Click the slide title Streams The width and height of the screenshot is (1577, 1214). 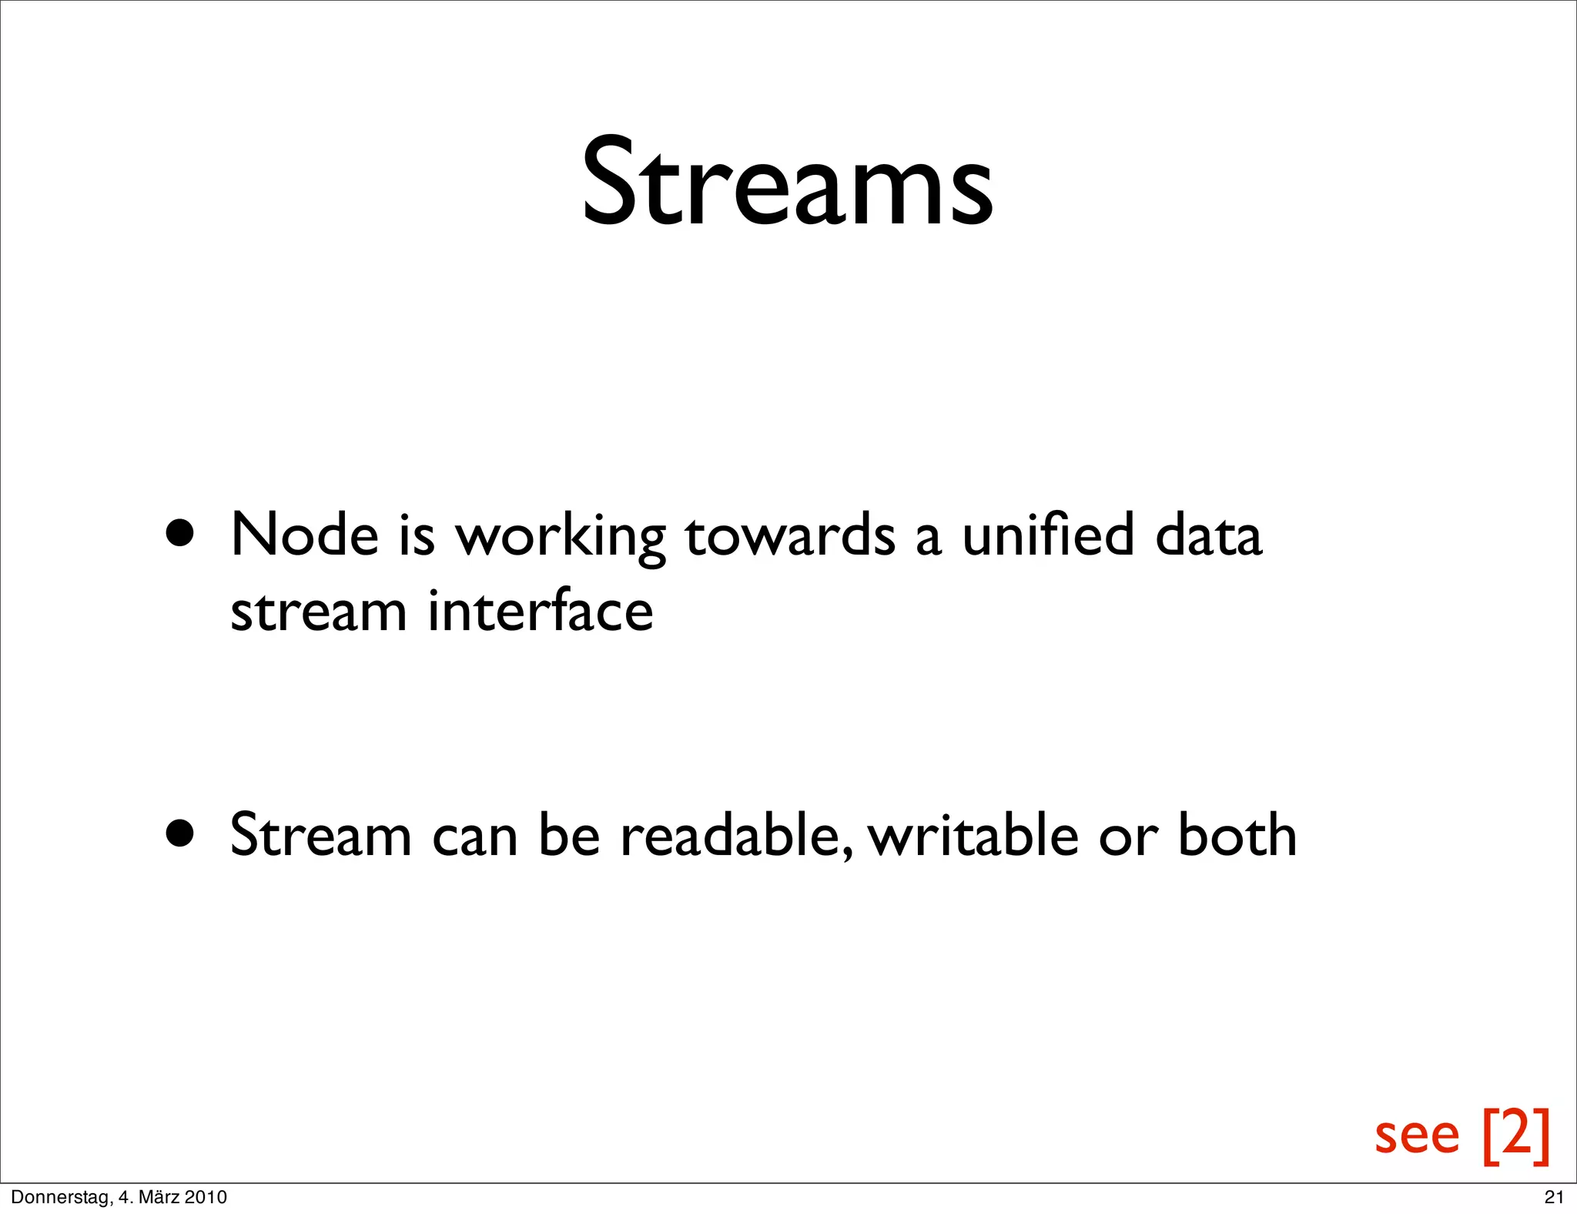pyautogui.click(x=787, y=183)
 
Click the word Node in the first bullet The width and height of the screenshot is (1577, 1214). pyautogui.click(x=304, y=535)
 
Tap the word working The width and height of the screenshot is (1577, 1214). pyautogui.click(x=561, y=538)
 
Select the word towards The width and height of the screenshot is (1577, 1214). pyautogui.click(x=790, y=536)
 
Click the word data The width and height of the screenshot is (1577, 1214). pyautogui.click(x=1208, y=535)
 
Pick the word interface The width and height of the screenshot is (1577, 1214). pyautogui.click(x=541, y=611)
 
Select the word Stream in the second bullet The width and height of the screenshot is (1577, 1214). pyautogui.click(x=321, y=835)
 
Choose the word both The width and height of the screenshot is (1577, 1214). pyautogui.click(x=1237, y=835)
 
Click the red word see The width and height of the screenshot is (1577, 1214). pyautogui.click(x=1417, y=1135)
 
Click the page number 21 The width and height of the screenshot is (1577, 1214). pyautogui.click(x=1554, y=1197)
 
